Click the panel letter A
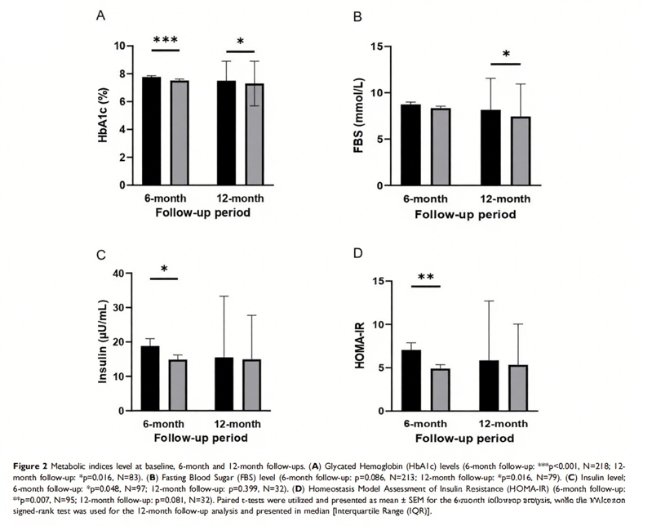click(100, 16)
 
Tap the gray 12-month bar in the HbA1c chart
click(255, 134)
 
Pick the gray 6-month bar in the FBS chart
click(441, 146)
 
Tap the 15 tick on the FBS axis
click(378, 46)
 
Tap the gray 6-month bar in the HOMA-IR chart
click(441, 390)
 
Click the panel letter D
click(357, 253)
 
